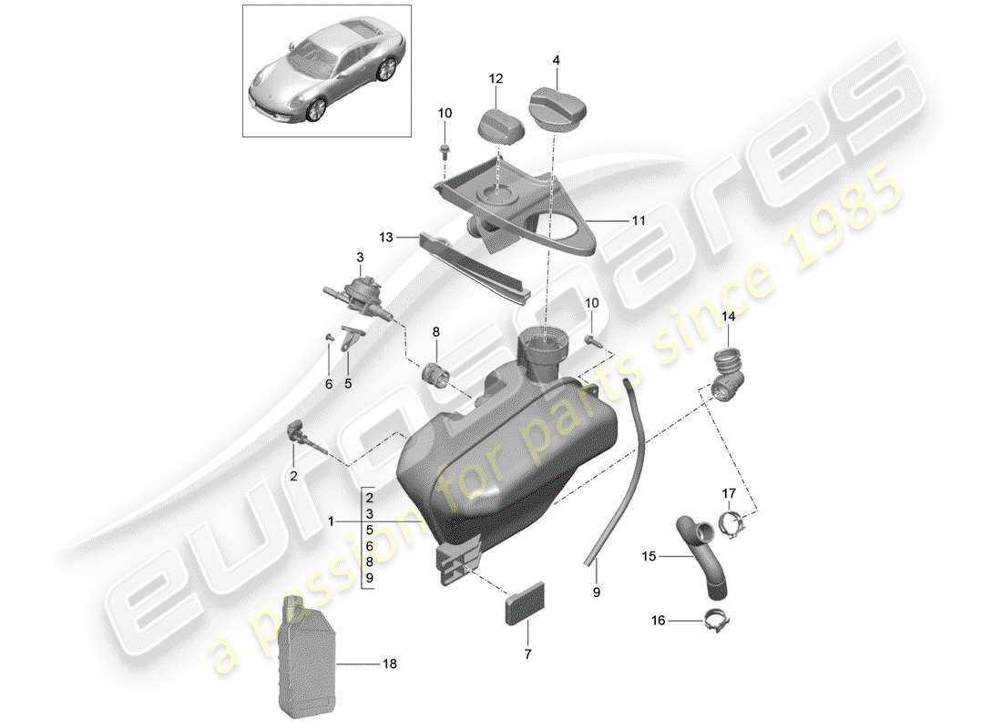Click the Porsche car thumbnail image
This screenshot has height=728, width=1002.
click(x=327, y=71)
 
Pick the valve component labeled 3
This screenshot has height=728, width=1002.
click(x=358, y=288)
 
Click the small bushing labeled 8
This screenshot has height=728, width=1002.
click(x=435, y=373)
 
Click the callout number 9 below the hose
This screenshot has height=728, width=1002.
click(x=597, y=592)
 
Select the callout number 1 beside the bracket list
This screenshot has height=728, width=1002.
click(x=332, y=521)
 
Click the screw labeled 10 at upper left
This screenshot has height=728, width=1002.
click(x=445, y=146)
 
